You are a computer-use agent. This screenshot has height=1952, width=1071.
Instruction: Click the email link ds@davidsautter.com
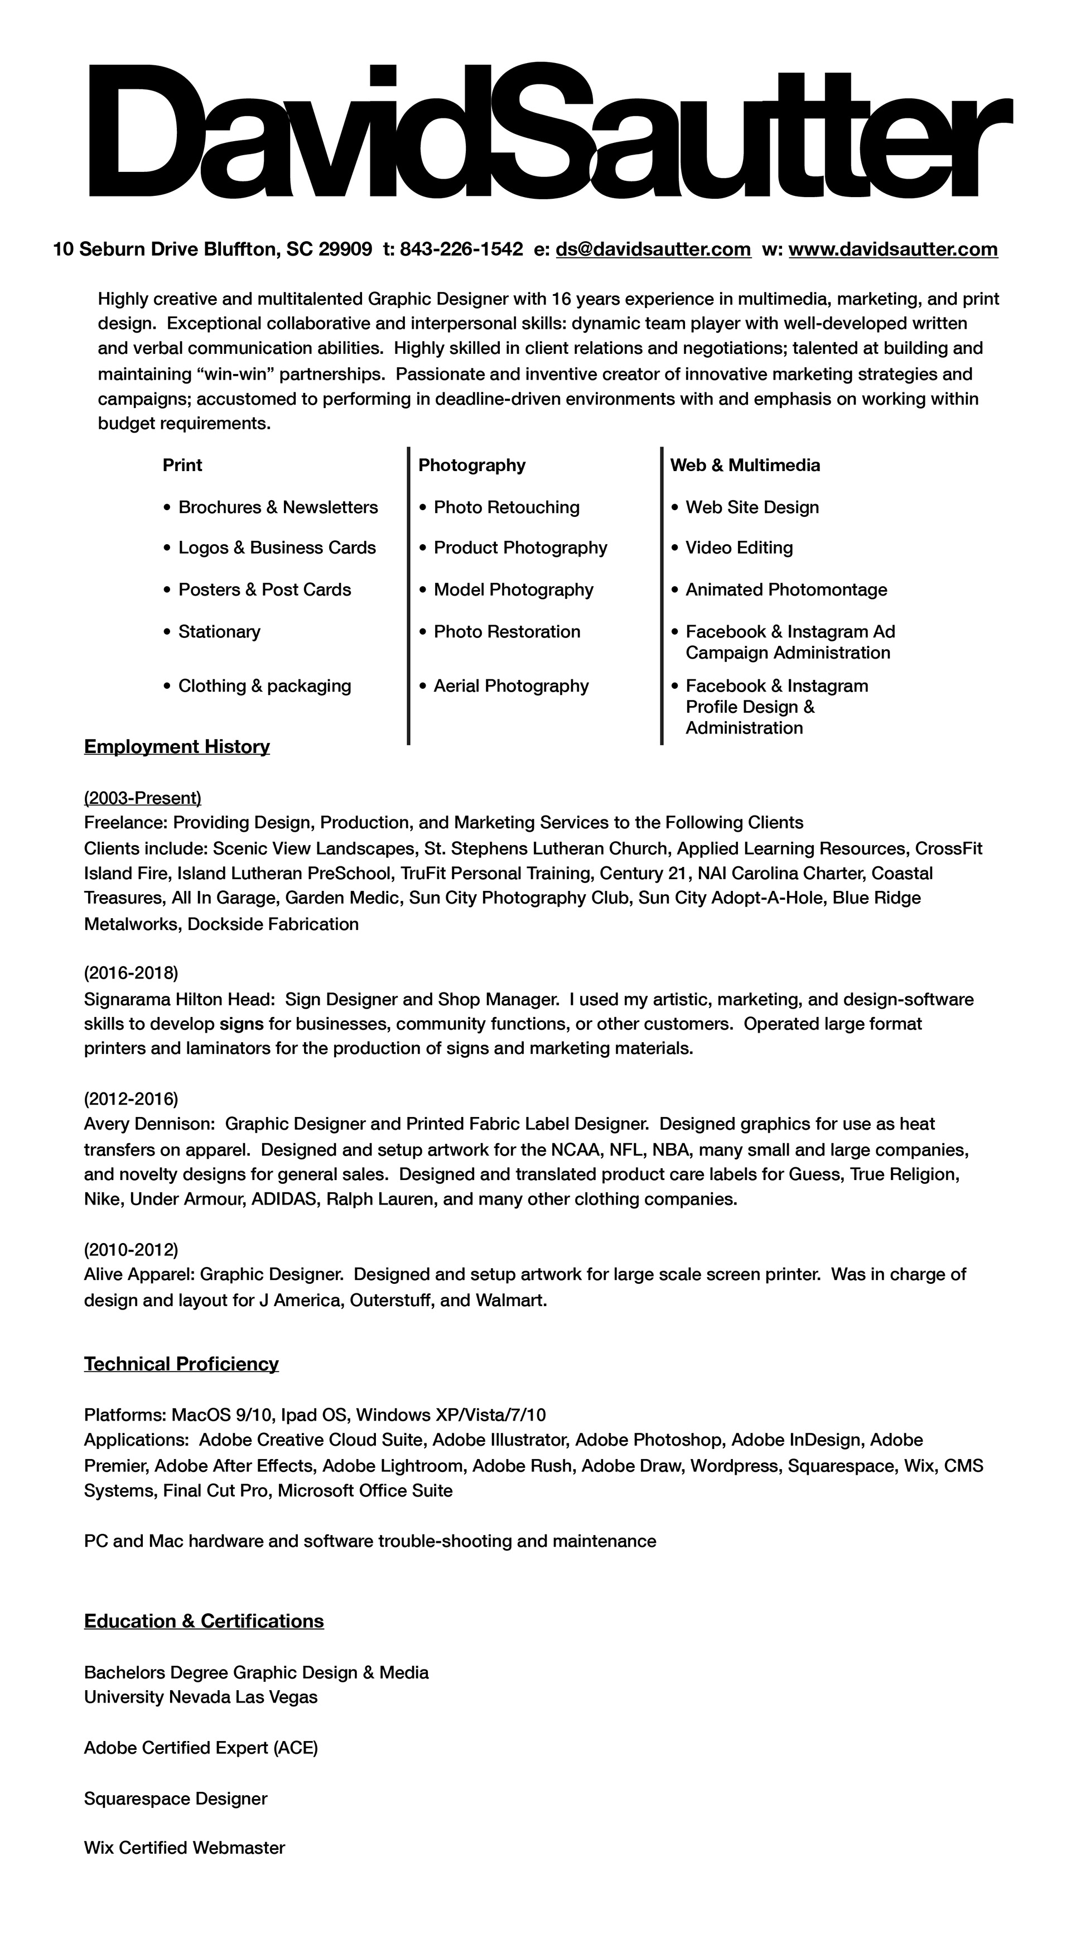pos(653,250)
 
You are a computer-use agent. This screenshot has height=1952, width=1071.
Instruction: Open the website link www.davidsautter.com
pos(893,250)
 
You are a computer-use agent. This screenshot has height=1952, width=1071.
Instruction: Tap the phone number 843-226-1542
pos(461,250)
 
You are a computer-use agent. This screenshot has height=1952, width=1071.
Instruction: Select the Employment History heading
pos(176,746)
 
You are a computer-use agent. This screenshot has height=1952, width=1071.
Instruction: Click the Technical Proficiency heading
pos(181,1364)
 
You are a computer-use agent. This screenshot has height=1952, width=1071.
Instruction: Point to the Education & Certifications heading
pos(204,1621)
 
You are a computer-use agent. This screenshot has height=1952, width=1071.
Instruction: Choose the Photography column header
pos(472,466)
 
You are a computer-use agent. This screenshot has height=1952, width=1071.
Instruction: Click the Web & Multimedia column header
pos(745,466)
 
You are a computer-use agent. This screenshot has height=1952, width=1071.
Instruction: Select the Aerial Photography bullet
pos(510,686)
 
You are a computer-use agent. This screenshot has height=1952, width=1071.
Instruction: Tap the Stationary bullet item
pos(219,631)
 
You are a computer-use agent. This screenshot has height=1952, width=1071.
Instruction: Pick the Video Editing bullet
pos(739,548)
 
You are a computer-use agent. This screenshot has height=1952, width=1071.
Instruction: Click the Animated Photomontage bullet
pos(785,589)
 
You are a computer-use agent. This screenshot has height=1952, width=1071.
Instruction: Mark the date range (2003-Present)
pos(142,797)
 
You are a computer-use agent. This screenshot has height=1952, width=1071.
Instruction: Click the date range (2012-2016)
pos(131,1098)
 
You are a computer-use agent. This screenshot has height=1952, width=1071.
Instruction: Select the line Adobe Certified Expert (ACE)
pos(201,1747)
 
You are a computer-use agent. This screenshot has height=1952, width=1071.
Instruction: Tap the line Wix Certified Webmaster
pos(184,1848)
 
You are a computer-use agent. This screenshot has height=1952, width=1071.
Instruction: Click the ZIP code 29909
pos(345,250)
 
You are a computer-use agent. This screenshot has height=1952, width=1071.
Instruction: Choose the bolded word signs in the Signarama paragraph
pos(242,1024)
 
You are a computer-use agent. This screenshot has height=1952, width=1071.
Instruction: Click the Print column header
pos(182,466)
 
